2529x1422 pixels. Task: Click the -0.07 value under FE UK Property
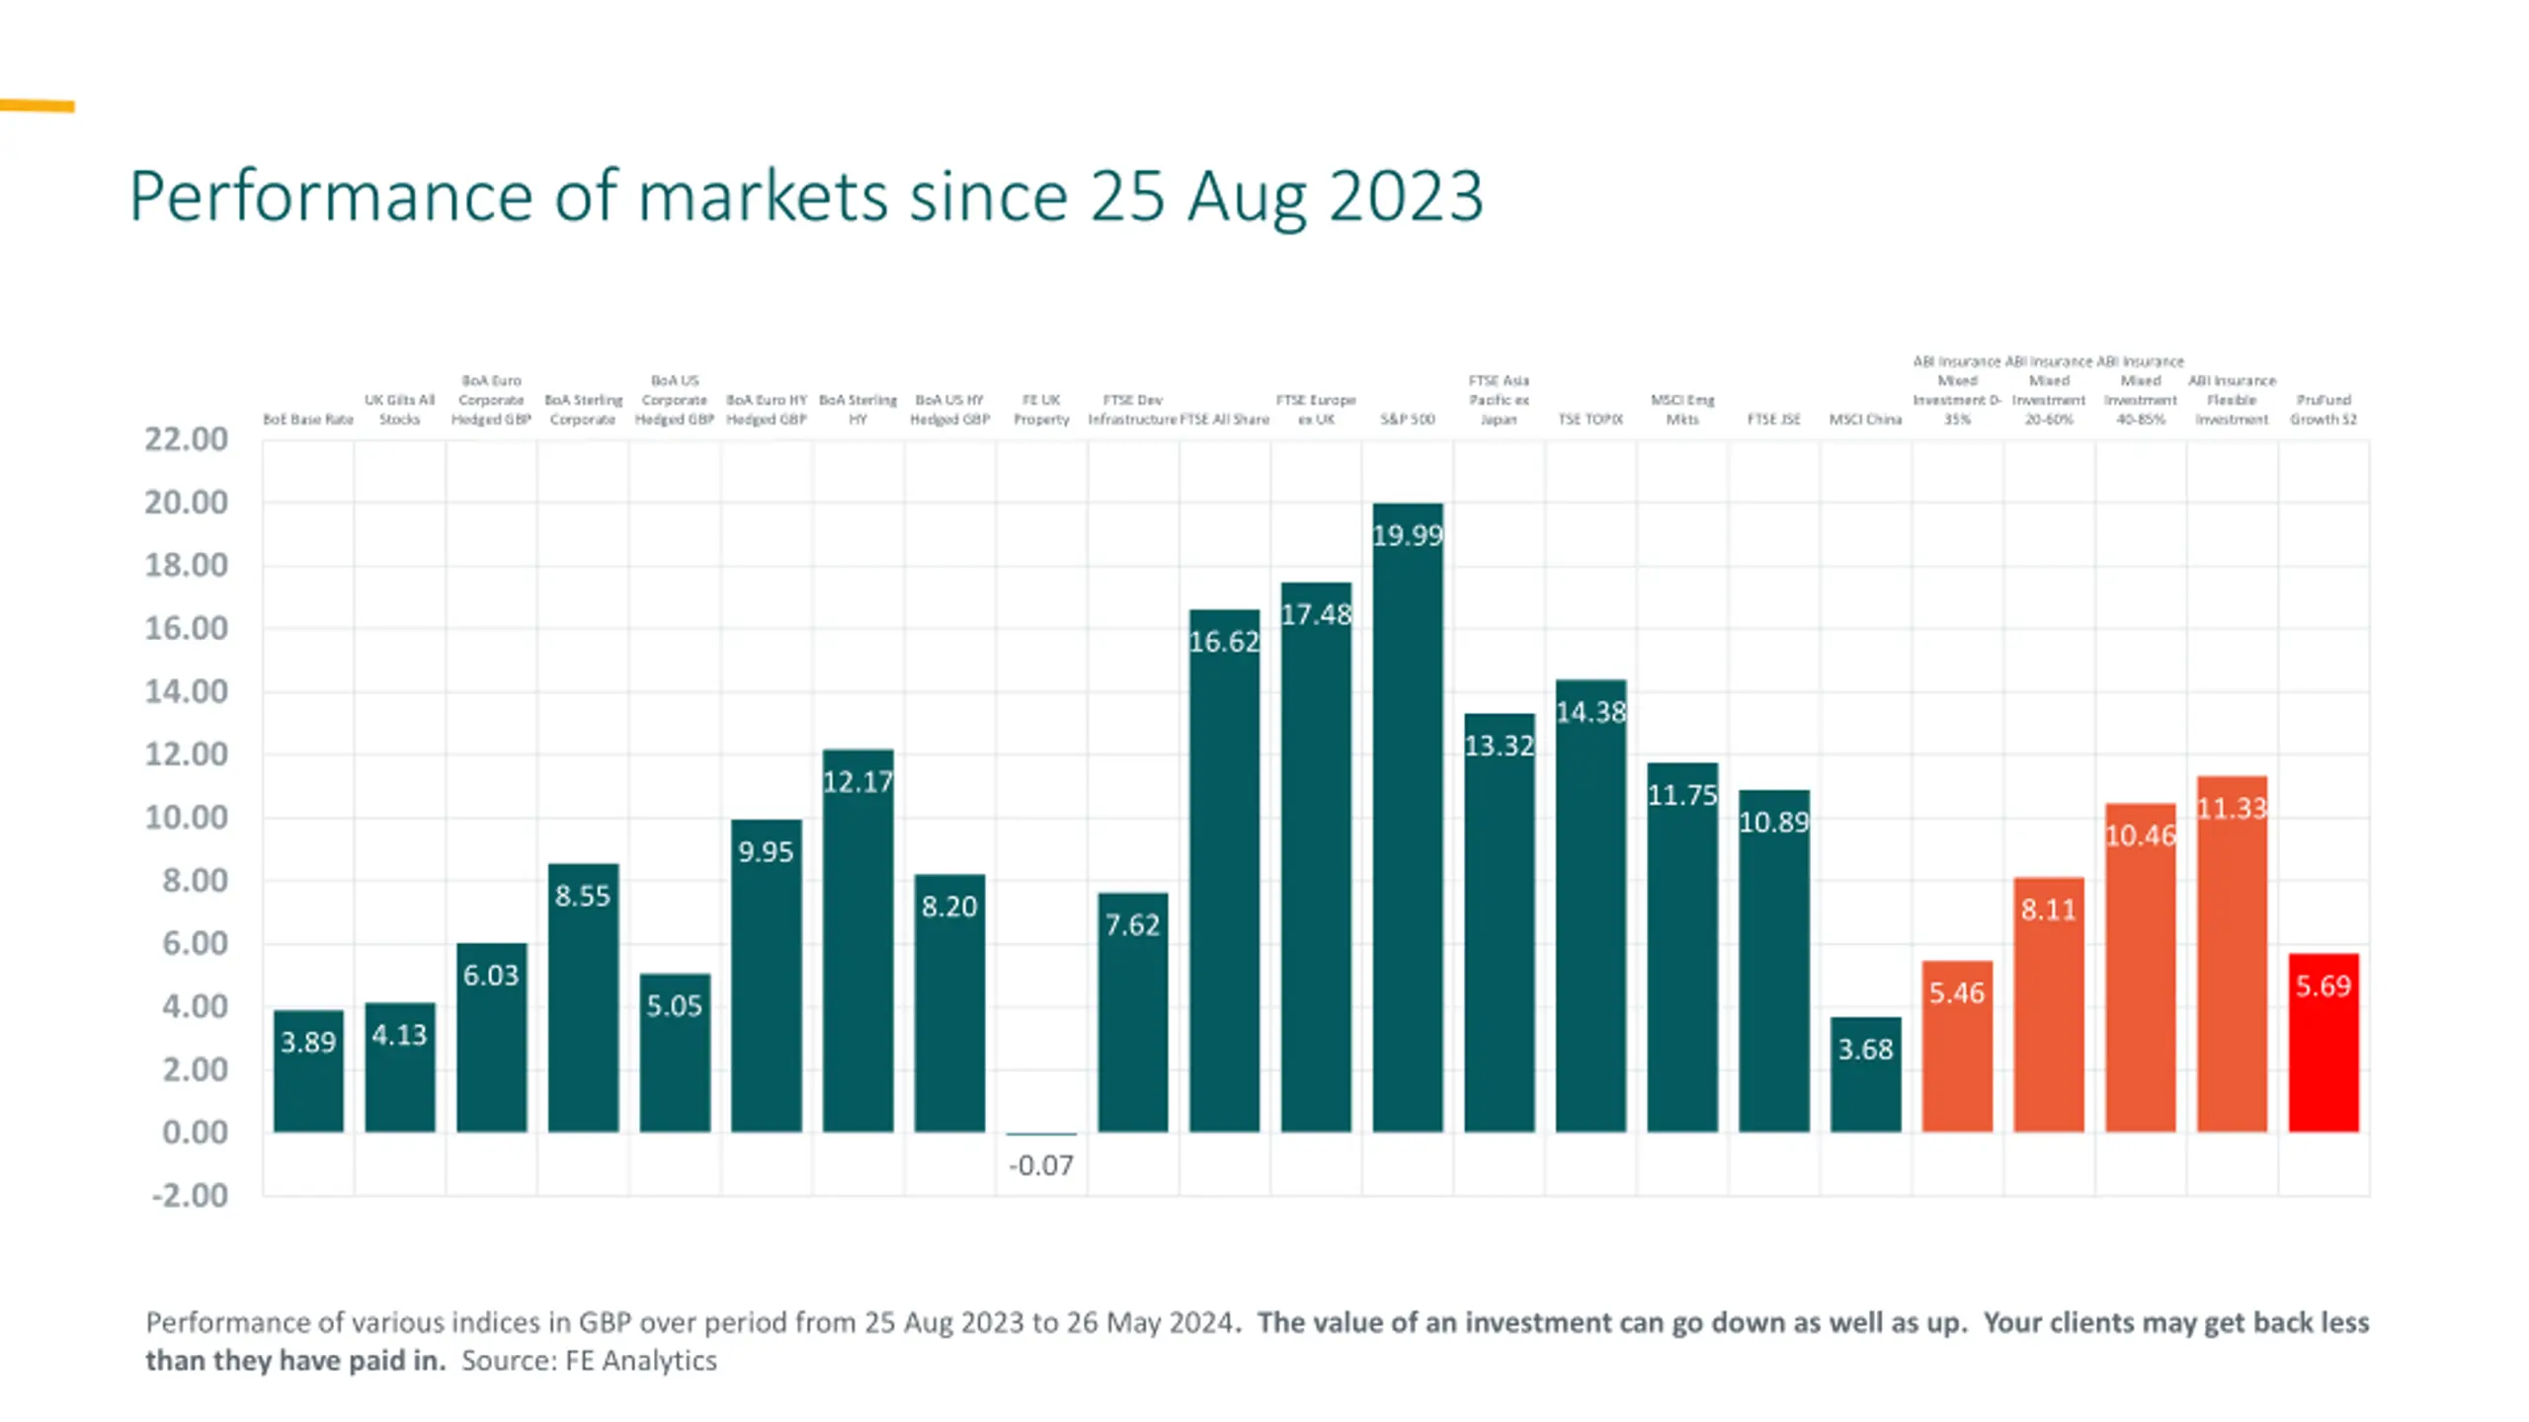click(1040, 1165)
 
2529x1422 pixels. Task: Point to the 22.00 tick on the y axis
click(186, 438)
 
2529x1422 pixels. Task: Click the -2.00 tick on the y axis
click(189, 1195)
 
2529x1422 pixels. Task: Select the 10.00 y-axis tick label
click(186, 817)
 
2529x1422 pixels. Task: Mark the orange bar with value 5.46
click(1957, 1046)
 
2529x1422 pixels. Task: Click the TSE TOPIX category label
click(1591, 419)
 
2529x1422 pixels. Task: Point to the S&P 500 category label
click(1407, 419)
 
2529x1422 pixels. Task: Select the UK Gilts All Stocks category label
click(399, 409)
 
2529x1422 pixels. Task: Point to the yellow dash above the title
click(38, 106)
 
